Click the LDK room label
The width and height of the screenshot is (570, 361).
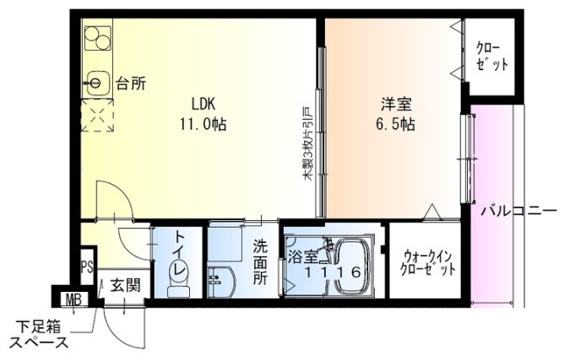click(x=204, y=104)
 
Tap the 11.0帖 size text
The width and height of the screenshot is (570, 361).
click(x=203, y=125)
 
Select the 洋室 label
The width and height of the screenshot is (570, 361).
click(x=396, y=104)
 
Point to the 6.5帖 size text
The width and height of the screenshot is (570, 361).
click(x=395, y=125)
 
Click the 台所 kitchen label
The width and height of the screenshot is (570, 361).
click(x=131, y=84)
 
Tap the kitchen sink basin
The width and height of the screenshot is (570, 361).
click(x=96, y=83)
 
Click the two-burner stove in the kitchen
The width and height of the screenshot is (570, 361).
click(x=98, y=38)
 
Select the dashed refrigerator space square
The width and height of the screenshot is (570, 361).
click(x=97, y=116)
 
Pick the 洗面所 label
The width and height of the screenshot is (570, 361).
click(x=260, y=262)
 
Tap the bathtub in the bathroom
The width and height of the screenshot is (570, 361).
click(x=351, y=266)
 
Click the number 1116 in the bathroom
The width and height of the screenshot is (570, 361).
click(x=332, y=272)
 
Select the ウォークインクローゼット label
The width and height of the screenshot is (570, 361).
click(x=427, y=263)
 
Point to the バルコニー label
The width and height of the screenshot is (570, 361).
click(x=518, y=211)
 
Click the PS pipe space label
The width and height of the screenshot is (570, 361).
click(x=87, y=267)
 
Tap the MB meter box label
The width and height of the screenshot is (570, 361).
click(x=75, y=300)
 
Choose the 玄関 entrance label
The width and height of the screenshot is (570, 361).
click(x=126, y=285)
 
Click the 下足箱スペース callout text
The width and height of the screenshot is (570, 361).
click(x=39, y=335)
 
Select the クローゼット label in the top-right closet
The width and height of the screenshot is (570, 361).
click(x=491, y=57)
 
